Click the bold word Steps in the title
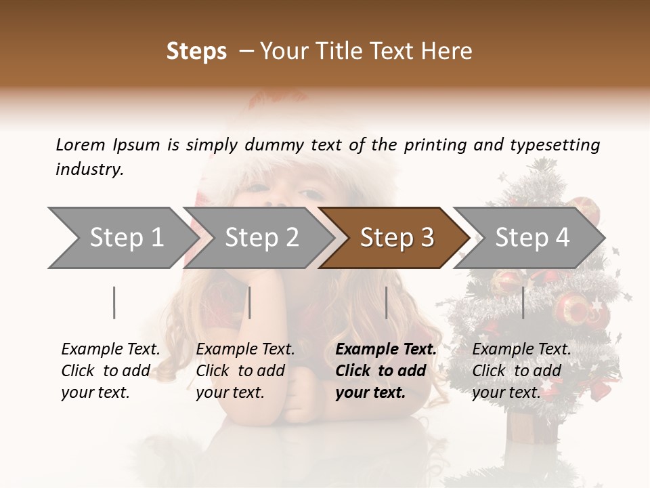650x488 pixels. (x=196, y=52)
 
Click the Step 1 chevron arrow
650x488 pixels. (x=122, y=237)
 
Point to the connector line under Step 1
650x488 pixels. (x=114, y=302)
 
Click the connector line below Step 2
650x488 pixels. (x=250, y=302)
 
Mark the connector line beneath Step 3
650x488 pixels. (x=387, y=302)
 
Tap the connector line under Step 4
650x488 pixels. (x=523, y=302)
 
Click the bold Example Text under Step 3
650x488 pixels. (x=386, y=371)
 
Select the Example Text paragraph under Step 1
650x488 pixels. (x=110, y=371)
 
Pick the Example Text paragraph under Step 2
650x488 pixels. (x=245, y=371)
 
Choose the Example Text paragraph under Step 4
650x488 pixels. (x=521, y=371)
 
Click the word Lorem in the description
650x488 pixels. (x=81, y=144)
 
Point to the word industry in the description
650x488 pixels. (x=89, y=169)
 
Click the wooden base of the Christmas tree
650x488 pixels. (x=532, y=426)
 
